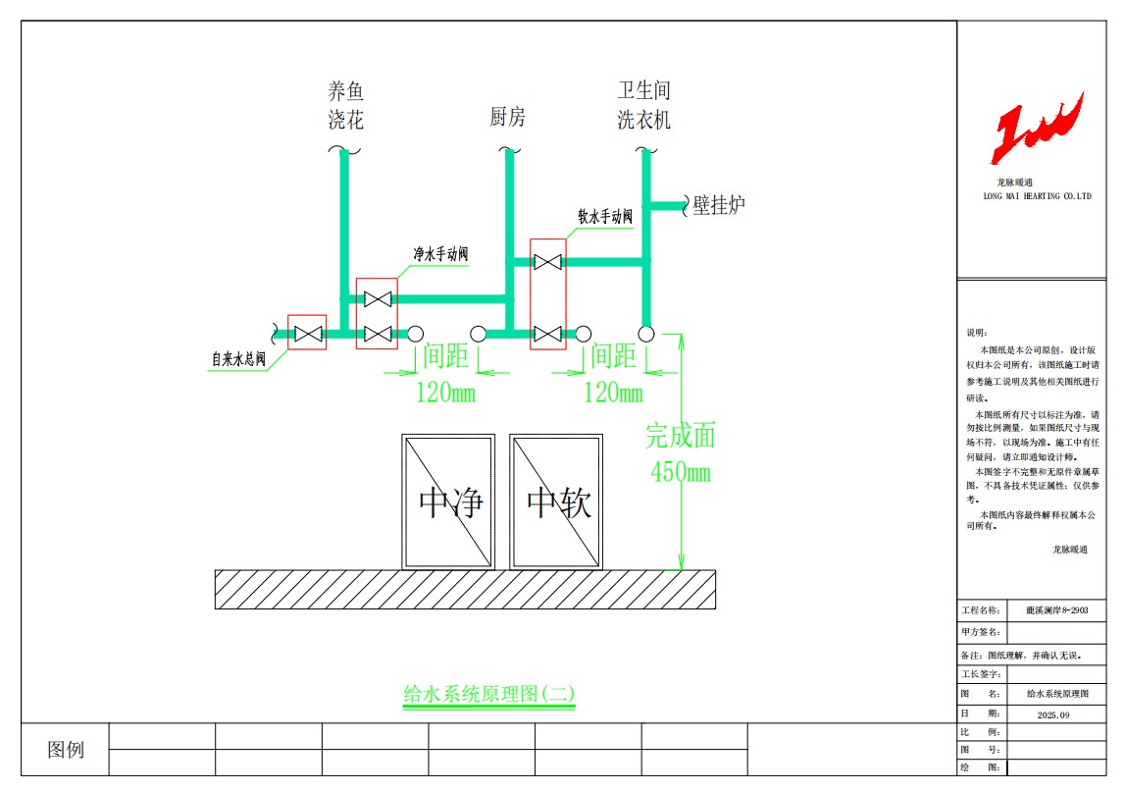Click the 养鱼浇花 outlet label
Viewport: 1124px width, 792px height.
click(345, 105)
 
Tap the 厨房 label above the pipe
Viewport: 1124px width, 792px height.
click(507, 116)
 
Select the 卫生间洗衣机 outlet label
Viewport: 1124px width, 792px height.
click(643, 105)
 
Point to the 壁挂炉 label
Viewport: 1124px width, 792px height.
click(718, 205)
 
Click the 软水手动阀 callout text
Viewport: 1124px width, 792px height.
click(605, 216)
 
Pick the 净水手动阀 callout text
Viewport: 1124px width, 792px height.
click(440, 254)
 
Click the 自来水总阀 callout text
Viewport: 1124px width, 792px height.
click(238, 358)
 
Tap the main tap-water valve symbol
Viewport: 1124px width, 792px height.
click(308, 334)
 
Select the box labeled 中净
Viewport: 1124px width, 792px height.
click(448, 502)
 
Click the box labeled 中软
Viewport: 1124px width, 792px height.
click(556, 502)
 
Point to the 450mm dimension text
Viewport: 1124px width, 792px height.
click(681, 472)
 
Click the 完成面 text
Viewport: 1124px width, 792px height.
click(681, 436)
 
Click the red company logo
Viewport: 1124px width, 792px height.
click(1037, 128)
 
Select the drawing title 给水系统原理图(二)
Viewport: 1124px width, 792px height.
click(488, 694)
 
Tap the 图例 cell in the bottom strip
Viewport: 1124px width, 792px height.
click(66, 750)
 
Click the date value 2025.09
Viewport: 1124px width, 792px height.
click(1053, 715)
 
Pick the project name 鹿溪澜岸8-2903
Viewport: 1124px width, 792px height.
click(1056, 610)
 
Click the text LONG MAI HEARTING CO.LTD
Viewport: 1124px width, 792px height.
click(1037, 196)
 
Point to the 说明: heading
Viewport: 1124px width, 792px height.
click(976, 333)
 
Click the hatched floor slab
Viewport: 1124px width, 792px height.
click(465, 590)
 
